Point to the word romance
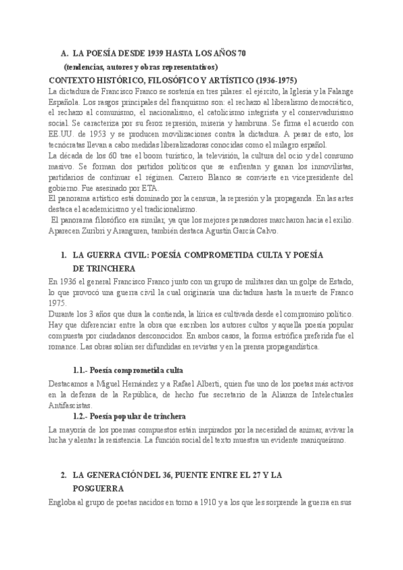[x=66, y=347]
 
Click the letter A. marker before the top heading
[x=64, y=53]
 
